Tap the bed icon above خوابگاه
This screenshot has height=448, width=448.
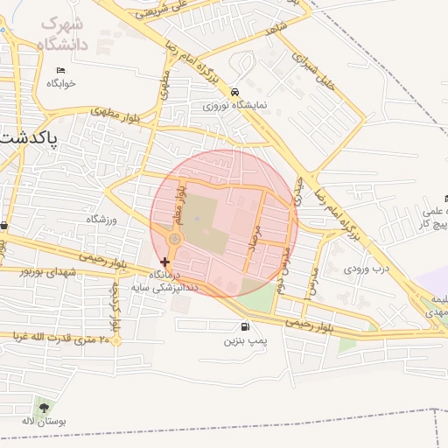60,70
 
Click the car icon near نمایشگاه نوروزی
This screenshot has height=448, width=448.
234,92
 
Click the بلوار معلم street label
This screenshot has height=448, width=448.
181,202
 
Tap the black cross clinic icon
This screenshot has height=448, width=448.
164,262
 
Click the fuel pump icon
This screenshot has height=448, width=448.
232,327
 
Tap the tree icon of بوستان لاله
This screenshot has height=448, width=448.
44,407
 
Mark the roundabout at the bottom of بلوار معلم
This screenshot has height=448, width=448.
175,239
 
